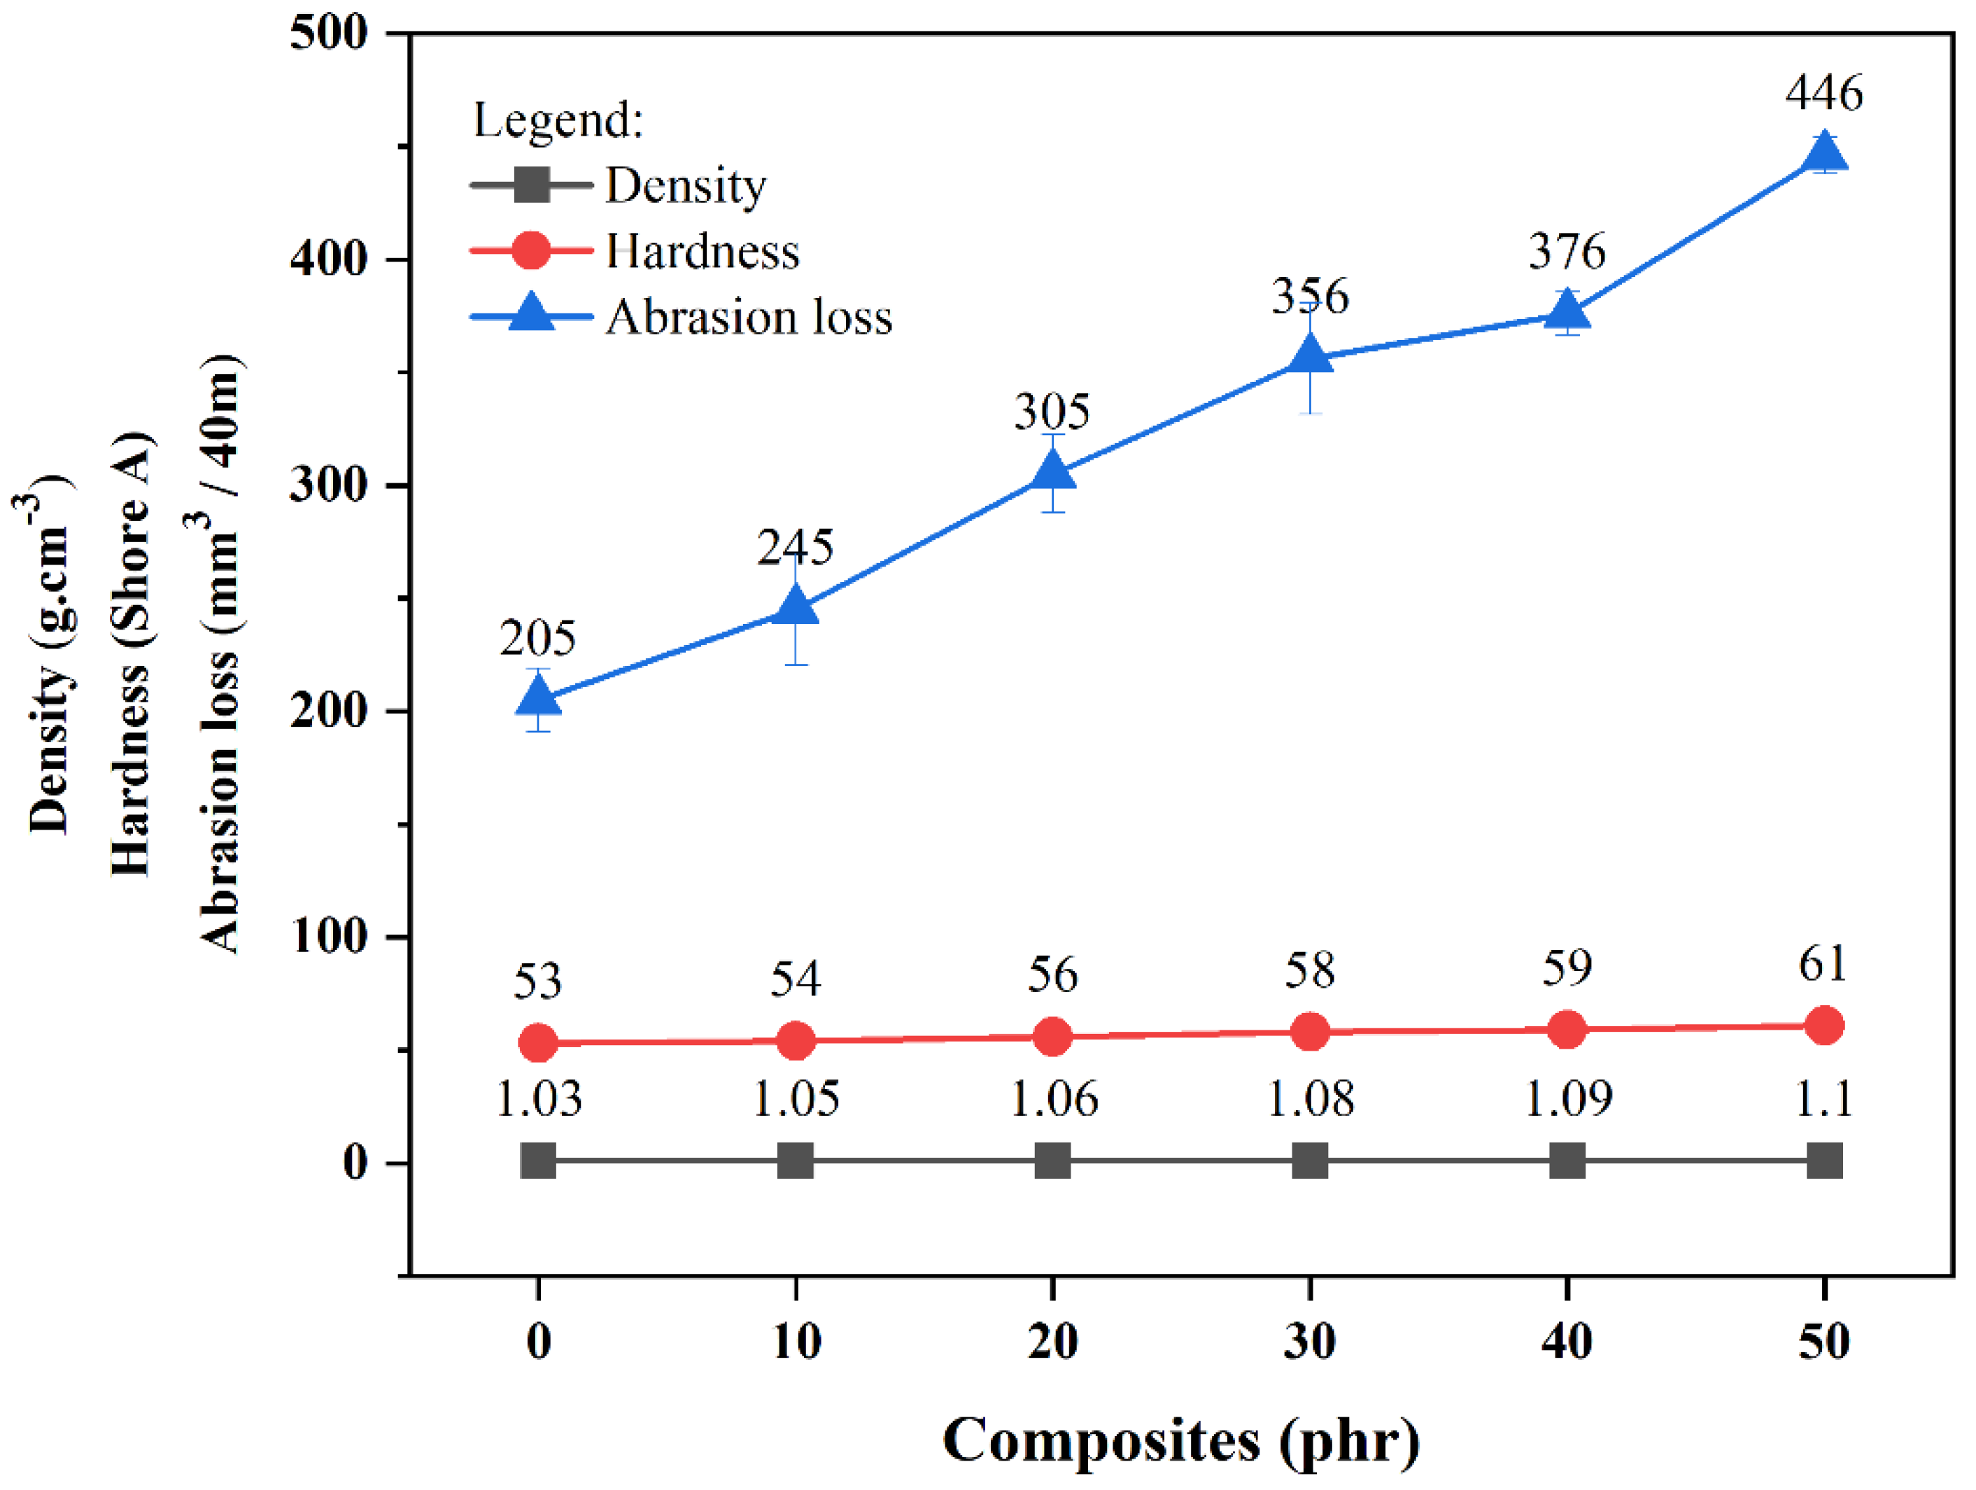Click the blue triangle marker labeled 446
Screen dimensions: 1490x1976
pos(1823,154)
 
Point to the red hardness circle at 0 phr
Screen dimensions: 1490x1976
pos(538,1042)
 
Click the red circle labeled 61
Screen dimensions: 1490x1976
pos(1823,1025)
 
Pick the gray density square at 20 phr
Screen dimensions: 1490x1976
pos(1052,1162)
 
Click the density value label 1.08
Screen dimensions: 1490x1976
pos(1310,1100)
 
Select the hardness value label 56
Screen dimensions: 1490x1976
pos(1052,974)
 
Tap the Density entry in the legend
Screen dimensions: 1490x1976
pos(685,186)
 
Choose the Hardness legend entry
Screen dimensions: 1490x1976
pos(702,251)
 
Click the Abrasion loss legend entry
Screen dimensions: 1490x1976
pos(749,317)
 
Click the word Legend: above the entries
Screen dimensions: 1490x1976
pos(558,120)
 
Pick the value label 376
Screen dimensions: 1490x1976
pos(1567,251)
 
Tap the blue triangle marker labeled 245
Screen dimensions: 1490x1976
pos(795,607)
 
